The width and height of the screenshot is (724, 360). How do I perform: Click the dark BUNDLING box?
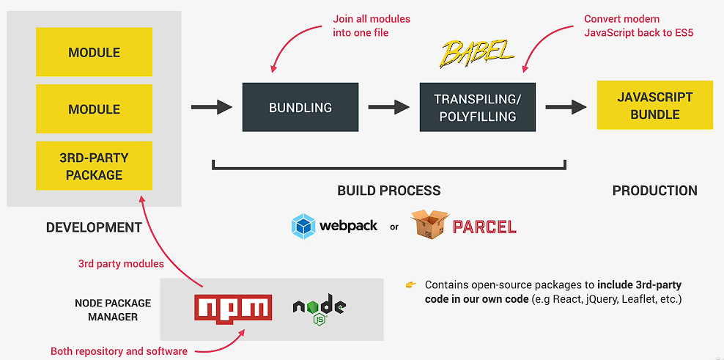pos(300,107)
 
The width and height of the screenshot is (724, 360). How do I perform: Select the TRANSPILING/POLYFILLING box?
pos(477,107)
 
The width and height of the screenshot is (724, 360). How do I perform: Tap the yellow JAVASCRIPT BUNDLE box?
pos(654,106)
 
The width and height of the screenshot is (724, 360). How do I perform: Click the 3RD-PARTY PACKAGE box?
pos(94,166)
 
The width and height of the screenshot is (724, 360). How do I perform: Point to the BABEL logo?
pos(477,52)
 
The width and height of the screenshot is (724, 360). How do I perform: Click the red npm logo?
pos(233,308)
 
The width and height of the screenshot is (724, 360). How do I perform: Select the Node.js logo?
pos(319,308)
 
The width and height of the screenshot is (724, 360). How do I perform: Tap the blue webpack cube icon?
pos(303,226)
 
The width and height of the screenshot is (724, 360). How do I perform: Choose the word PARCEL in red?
pos(484,227)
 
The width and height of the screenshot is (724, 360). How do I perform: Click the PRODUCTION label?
pos(654,191)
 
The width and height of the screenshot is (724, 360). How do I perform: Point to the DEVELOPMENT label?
pos(94,227)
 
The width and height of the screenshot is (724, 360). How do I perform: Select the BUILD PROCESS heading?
pos(388,191)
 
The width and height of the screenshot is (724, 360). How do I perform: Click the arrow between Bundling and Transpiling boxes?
pos(388,107)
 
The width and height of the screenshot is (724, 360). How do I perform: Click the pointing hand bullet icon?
pos(410,284)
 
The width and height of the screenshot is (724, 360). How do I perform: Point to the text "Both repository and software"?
pos(119,351)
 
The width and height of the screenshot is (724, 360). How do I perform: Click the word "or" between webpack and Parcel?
pos(394,227)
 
